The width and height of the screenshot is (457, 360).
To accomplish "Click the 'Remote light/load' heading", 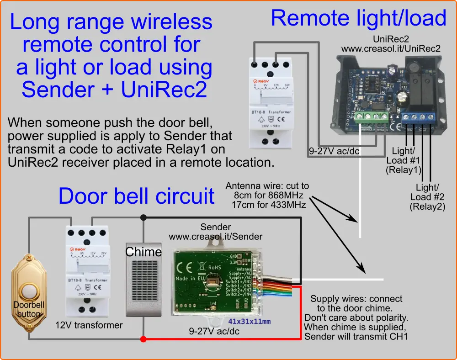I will pos(358,18).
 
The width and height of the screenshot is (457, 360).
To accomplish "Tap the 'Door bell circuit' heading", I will pos(136,196).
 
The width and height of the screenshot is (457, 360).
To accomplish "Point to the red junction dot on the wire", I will pos(143,339).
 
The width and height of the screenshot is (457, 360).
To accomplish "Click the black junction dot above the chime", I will pos(143,217).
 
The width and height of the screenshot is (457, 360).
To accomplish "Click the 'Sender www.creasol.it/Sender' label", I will pos(216,232).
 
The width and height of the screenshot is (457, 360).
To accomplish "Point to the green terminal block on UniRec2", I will pos(370,116).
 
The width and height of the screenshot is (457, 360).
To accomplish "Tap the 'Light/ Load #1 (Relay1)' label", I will pos(404,160).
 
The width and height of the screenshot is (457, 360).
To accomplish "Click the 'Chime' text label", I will pos(143,252).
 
